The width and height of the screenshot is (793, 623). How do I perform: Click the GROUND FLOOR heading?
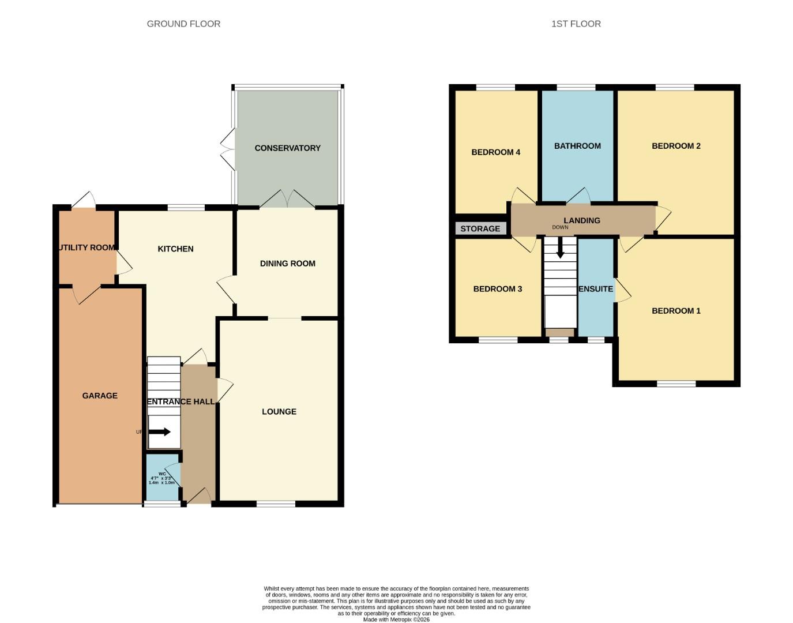pyautogui.click(x=183, y=24)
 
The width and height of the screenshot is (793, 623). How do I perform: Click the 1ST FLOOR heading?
pyautogui.click(x=576, y=24)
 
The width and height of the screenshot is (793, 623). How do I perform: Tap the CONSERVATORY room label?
pyautogui.click(x=287, y=148)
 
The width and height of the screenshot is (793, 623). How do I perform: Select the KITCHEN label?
pyautogui.click(x=175, y=249)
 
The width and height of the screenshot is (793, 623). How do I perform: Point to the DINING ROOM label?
pyautogui.click(x=287, y=264)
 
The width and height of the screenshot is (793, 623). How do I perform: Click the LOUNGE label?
pyautogui.click(x=279, y=411)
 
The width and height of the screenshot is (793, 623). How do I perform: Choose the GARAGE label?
pyautogui.click(x=100, y=396)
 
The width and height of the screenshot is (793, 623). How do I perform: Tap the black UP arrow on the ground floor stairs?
pyautogui.click(x=160, y=431)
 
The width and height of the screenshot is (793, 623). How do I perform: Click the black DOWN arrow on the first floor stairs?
pyautogui.click(x=559, y=250)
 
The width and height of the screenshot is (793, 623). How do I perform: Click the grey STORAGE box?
pyautogui.click(x=480, y=228)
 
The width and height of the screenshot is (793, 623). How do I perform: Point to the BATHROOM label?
pyautogui.click(x=577, y=146)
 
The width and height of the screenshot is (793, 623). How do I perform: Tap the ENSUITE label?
pyautogui.click(x=596, y=289)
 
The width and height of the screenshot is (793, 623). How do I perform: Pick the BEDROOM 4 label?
pyautogui.click(x=495, y=152)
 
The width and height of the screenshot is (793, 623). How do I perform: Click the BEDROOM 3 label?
pyautogui.click(x=497, y=289)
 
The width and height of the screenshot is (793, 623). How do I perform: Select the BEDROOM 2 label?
pyautogui.click(x=676, y=146)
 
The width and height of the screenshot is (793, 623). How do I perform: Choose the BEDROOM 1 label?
pyautogui.click(x=676, y=311)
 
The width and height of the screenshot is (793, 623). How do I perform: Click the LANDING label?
pyautogui.click(x=581, y=220)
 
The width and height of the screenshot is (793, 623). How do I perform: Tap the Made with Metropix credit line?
pyautogui.click(x=396, y=620)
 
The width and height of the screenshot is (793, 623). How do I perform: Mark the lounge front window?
pyautogui.click(x=276, y=504)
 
